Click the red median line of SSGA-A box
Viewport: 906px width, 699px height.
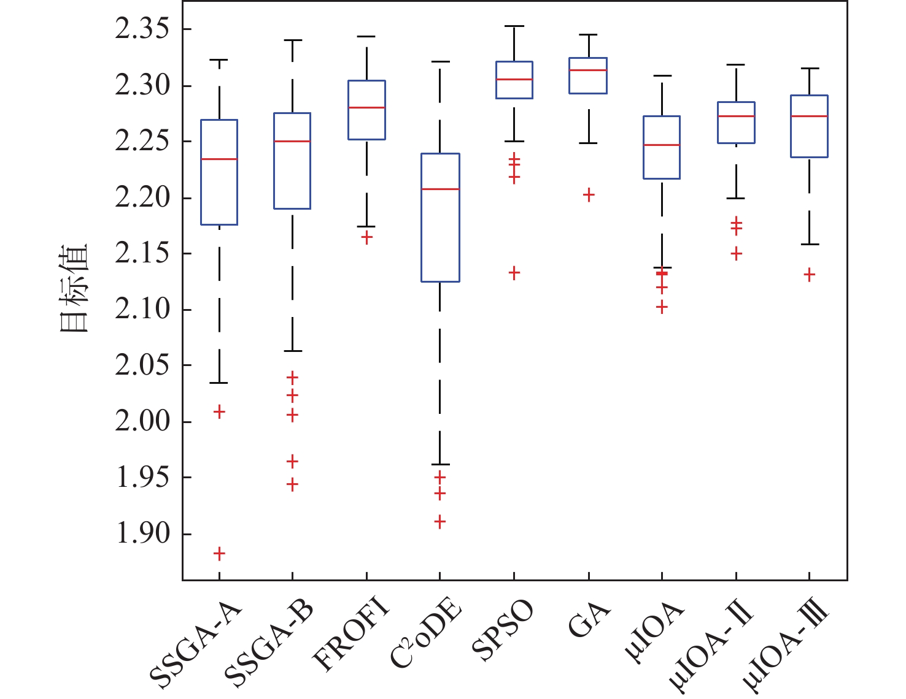[x=219, y=159]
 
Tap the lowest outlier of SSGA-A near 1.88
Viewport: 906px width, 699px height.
[x=219, y=554]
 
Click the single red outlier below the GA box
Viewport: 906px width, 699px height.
[x=589, y=195]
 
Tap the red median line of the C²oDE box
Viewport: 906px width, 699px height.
[x=440, y=189]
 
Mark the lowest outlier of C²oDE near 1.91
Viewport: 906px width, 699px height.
[x=440, y=522]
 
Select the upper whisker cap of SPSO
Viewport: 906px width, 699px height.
[x=514, y=26]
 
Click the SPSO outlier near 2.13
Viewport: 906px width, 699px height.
[x=514, y=273]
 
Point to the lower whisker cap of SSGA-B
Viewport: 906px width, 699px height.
[x=292, y=351]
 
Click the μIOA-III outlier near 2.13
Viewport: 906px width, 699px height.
[x=810, y=275]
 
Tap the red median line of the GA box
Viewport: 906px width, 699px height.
[x=589, y=70]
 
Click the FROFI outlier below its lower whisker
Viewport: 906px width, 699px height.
[x=366, y=238]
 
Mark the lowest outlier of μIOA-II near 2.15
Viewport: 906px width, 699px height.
[x=736, y=253]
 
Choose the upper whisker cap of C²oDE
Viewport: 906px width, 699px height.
[x=440, y=62]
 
